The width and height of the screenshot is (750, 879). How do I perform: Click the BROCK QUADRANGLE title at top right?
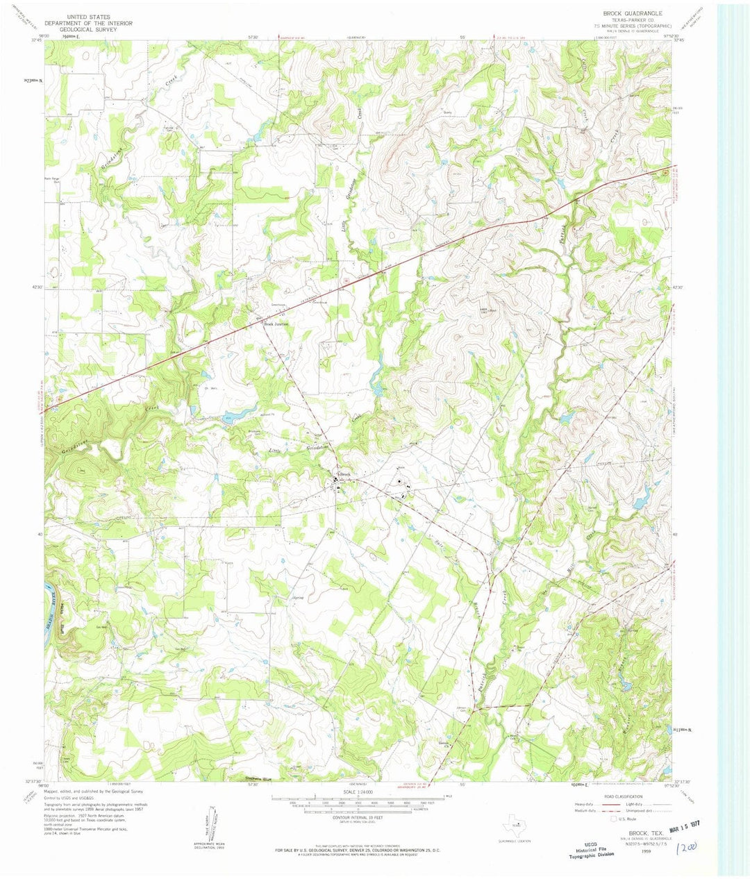coord(633,13)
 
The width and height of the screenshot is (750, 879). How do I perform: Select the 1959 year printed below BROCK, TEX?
coord(631,848)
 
